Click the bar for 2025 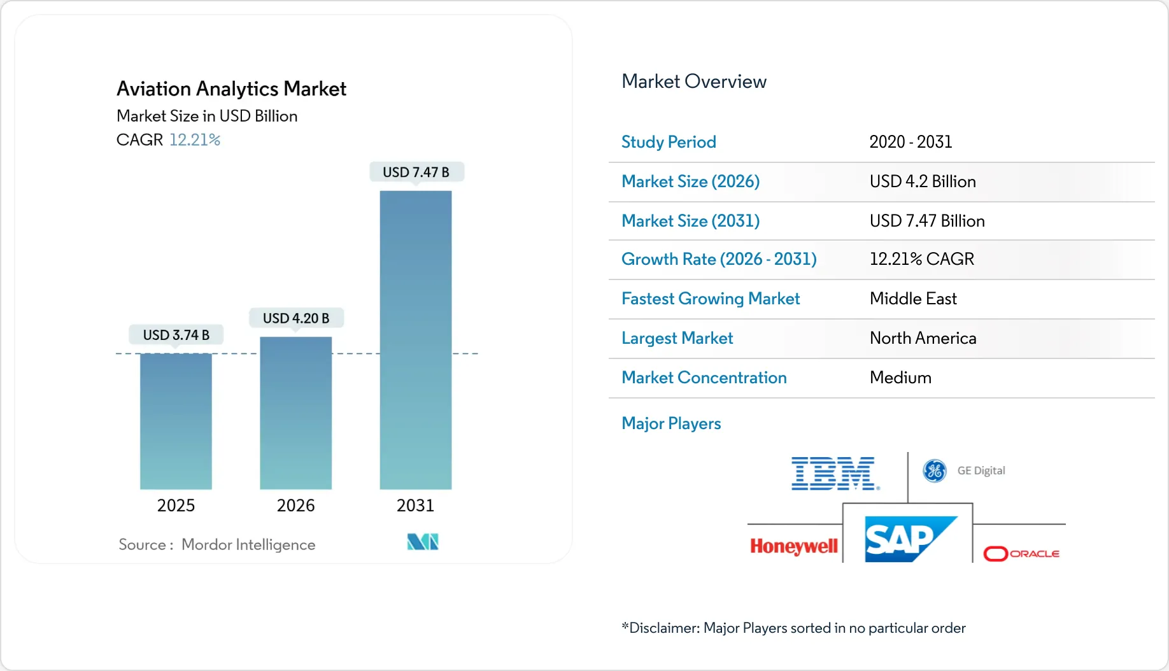[x=176, y=421]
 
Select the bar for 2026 [x=295, y=413]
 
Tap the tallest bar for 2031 [x=415, y=339]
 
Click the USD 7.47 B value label [x=416, y=173]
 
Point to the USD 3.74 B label [x=176, y=335]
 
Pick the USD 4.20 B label [x=295, y=318]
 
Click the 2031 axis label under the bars [x=415, y=505]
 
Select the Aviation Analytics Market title [x=231, y=88]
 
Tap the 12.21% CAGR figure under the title [x=194, y=140]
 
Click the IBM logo [x=835, y=474]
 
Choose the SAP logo [x=909, y=539]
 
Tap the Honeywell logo [x=793, y=546]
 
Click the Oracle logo [x=1021, y=553]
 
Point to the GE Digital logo [x=964, y=471]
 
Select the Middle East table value [x=913, y=299]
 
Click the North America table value [x=923, y=338]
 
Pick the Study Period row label [x=669, y=142]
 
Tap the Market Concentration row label [x=704, y=378]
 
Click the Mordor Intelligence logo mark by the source [x=423, y=542]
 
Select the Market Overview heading [x=693, y=81]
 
